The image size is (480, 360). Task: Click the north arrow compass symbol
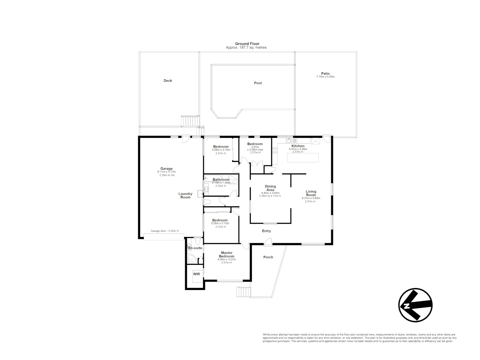[415, 305]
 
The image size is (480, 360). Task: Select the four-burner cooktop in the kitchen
[275, 150]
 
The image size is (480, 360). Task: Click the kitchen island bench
[303, 157]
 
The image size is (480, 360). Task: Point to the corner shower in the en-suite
[192, 258]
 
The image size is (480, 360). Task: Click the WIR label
[196, 274]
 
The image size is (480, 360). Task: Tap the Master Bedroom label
[226, 254]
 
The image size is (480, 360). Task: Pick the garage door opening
[163, 236]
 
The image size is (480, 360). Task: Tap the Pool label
[258, 83]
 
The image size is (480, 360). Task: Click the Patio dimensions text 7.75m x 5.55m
[325, 77]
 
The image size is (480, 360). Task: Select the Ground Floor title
[247, 44]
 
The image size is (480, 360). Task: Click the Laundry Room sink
[206, 190]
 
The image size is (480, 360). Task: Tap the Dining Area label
[270, 188]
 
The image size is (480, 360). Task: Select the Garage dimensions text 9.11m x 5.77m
[166, 172]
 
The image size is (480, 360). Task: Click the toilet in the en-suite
[197, 241]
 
